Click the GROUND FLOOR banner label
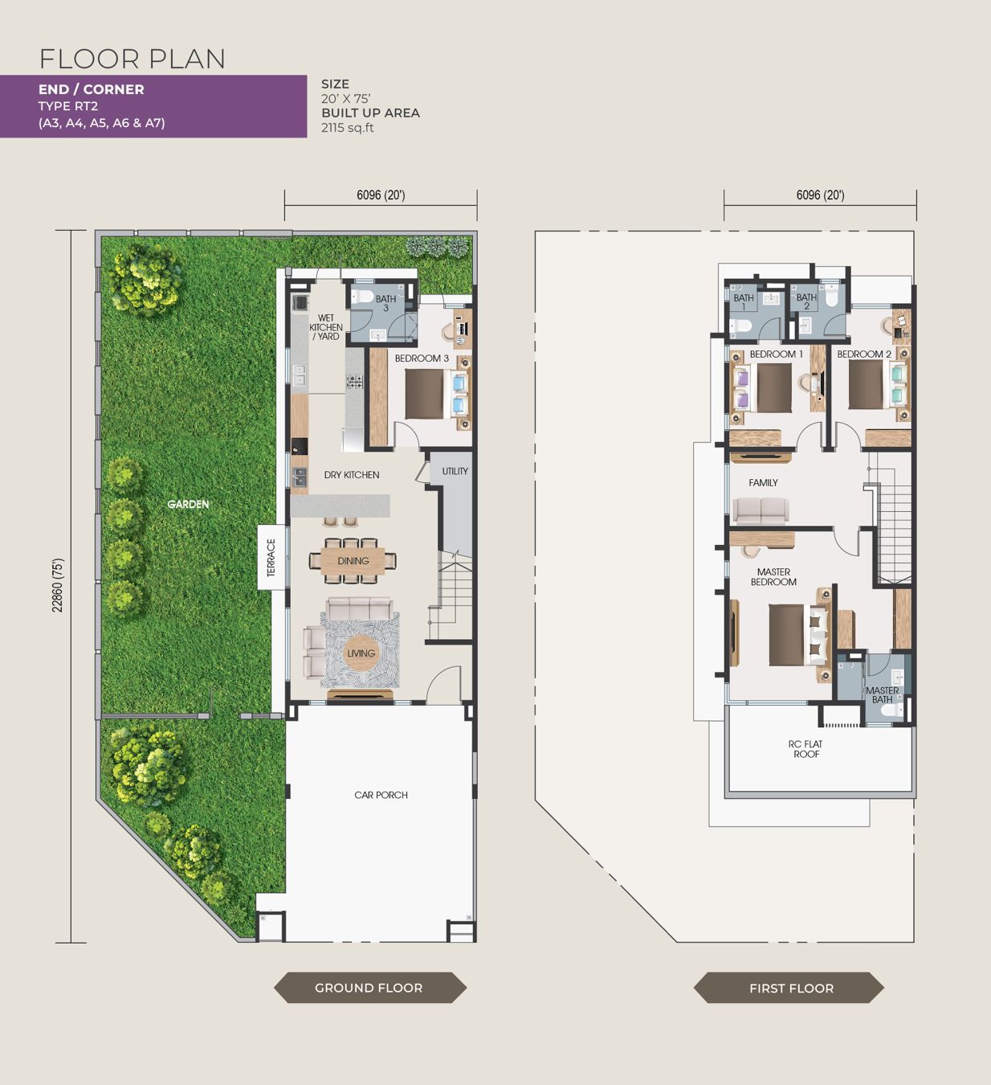click(369, 988)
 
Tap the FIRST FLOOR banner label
click(791, 989)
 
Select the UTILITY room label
click(455, 471)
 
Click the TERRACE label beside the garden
click(271, 558)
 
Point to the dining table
click(353, 561)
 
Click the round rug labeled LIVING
click(361, 653)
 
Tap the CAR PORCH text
click(381, 795)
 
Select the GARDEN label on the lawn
click(188, 504)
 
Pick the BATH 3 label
click(385, 303)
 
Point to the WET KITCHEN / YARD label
click(326, 327)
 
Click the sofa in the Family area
click(761, 511)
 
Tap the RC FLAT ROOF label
click(805, 749)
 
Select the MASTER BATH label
click(883, 695)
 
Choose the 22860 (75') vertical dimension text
click(58, 585)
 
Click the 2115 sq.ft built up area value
click(348, 128)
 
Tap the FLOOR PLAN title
click(133, 59)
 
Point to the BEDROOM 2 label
click(864, 354)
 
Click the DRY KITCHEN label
click(352, 475)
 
